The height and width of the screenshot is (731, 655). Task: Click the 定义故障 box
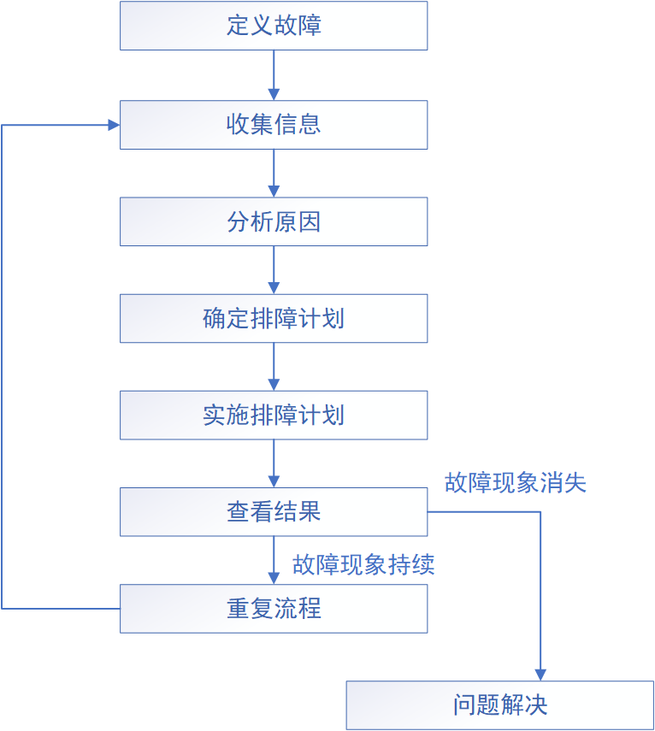click(273, 26)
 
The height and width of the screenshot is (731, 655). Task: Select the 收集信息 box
click(273, 125)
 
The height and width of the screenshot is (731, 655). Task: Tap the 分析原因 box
click(273, 222)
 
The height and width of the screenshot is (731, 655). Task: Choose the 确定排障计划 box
click(273, 319)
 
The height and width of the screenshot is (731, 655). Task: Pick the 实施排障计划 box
click(273, 416)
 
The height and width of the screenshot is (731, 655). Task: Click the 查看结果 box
click(273, 512)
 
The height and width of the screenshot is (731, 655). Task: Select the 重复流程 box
click(273, 609)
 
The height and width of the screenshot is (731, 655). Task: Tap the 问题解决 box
click(499, 705)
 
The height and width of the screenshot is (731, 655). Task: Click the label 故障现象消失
click(515, 483)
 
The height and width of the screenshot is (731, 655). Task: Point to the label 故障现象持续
click(363, 564)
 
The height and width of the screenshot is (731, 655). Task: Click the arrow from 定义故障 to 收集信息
click(274, 75)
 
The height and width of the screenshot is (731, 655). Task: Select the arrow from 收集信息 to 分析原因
click(274, 174)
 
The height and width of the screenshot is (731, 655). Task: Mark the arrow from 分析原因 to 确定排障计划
click(274, 270)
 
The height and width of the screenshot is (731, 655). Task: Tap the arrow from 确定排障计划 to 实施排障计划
click(274, 367)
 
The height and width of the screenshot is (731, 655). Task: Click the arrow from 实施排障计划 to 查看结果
click(274, 463)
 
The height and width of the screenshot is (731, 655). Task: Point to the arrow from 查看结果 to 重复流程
click(274, 560)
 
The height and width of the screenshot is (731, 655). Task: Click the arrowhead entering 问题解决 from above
click(540, 675)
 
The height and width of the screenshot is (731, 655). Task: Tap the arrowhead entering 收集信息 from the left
click(113, 125)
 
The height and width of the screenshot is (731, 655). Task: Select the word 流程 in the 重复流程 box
click(298, 609)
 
